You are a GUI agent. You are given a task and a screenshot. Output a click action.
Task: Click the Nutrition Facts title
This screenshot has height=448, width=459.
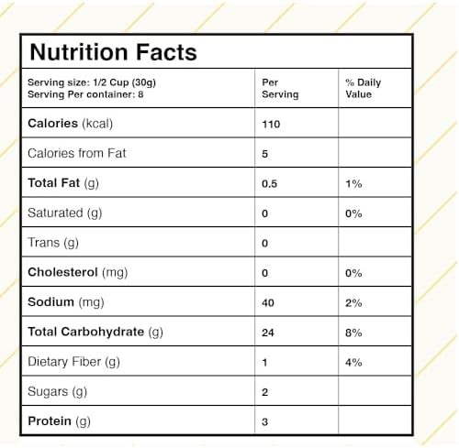tap(113, 52)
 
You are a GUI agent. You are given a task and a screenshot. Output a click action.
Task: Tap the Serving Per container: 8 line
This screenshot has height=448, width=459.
tap(85, 94)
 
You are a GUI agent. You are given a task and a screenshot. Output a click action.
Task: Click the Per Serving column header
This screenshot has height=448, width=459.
tap(280, 88)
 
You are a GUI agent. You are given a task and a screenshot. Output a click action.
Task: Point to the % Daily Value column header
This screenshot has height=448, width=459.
tap(364, 88)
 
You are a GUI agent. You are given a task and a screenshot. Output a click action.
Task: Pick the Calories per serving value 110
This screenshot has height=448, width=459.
tap(271, 125)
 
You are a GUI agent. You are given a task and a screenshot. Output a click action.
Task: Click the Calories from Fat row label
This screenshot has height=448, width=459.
tap(77, 153)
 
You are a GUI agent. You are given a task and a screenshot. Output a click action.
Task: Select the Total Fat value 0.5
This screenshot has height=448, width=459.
tap(269, 184)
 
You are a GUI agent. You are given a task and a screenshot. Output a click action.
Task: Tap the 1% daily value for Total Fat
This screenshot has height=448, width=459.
tap(353, 184)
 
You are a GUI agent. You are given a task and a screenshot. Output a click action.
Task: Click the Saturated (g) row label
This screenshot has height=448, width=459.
tap(65, 213)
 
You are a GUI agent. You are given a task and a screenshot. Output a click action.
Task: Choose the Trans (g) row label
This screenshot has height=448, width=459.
tap(53, 243)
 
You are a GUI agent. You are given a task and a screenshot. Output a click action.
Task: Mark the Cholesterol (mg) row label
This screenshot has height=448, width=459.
tap(78, 272)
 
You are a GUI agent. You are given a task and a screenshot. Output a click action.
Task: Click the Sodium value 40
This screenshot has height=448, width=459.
tap(268, 303)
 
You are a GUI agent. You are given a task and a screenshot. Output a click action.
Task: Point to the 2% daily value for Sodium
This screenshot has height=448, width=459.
tap(353, 303)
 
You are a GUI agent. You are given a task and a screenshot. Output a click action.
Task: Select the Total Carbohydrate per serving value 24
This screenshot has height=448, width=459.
tap(268, 333)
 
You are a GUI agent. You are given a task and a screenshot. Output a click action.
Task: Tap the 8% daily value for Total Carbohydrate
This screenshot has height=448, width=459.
tap(353, 333)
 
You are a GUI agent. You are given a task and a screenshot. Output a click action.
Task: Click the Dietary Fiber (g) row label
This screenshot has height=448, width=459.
tap(73, 362)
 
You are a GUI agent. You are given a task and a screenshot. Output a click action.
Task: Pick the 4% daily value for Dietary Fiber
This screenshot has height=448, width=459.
tap(353, 363)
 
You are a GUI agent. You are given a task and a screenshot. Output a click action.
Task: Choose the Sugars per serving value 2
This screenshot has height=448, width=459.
tap(265, 392)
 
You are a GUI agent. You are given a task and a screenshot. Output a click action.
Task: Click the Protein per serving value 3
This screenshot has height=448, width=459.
tap(265, 422)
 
